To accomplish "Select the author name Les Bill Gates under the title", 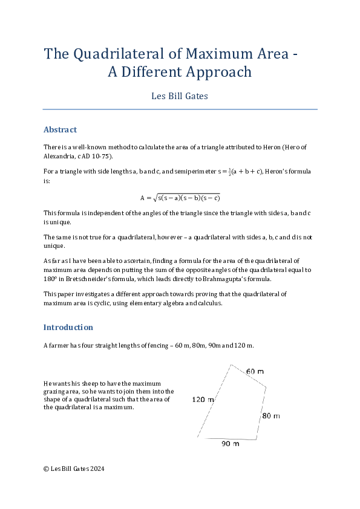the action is click(180, 96).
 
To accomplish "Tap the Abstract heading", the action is click(60, 129).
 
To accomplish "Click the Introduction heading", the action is click(68, 327).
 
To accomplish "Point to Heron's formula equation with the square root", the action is click(180, 197).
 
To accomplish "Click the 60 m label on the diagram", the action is click(255, 371).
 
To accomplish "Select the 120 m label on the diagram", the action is click(203, 400).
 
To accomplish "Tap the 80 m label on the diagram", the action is click(271, 415).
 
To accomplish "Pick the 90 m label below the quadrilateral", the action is click(229, 444).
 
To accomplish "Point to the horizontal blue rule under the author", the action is click(180, 109).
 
